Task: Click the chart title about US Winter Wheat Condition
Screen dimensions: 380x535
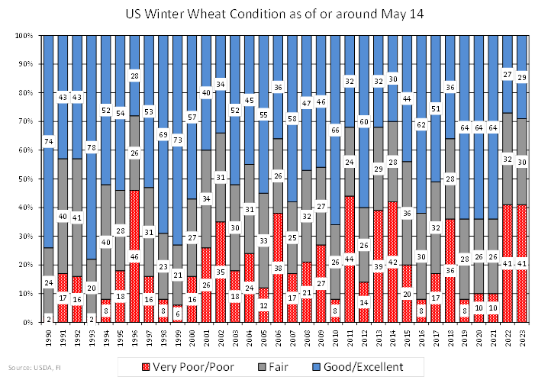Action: coord(266,14)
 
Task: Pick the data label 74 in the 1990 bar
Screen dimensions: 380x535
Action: coord(48,141)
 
